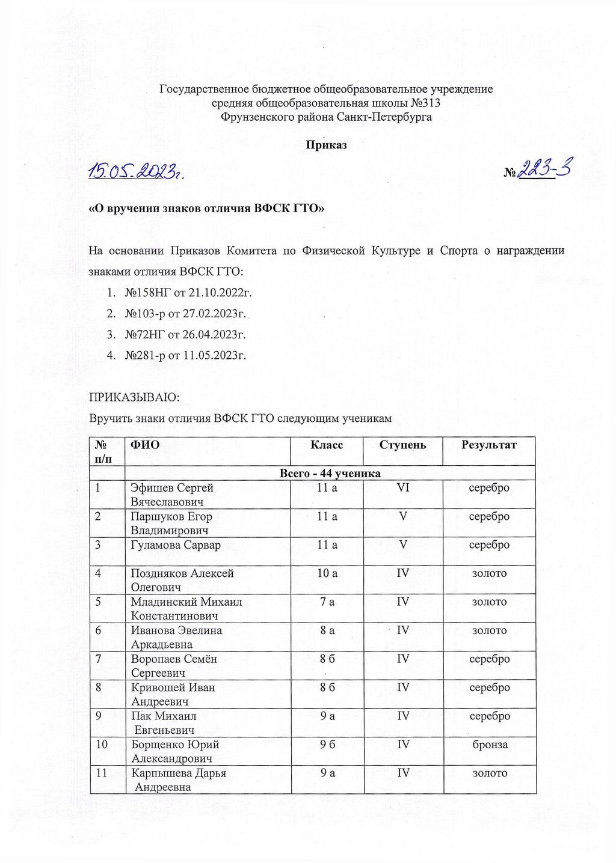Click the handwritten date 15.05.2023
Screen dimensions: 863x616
point(135,172)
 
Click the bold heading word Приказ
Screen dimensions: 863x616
point(326,145)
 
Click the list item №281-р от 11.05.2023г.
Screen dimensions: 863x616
point(185,355)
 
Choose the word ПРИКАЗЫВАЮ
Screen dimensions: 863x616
point(134,398)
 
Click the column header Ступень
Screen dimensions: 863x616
point(402,445)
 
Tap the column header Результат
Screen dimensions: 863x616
point(488,445)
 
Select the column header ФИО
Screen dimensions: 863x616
point(145,445)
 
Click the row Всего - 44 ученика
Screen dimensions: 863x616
point(330,473)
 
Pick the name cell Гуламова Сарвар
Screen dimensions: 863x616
point(176,545)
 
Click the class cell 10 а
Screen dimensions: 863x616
point(327,573)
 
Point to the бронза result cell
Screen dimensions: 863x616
point(489,745)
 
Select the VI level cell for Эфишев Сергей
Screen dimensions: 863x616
point(402,487)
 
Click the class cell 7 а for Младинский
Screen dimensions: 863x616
point(327,602)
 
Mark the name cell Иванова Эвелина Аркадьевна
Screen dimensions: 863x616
point(176,637)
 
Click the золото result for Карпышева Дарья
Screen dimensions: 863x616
point(489,773)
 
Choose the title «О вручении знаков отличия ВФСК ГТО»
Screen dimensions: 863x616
point(207,209)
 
